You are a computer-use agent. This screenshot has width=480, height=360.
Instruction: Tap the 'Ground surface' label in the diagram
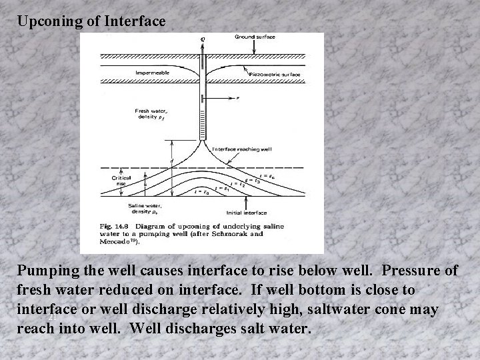click(x=254, y=37)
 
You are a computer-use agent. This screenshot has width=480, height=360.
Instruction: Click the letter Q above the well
click(x=203, y=39)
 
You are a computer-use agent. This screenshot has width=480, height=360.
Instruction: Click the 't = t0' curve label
click(x=201, y=192)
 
